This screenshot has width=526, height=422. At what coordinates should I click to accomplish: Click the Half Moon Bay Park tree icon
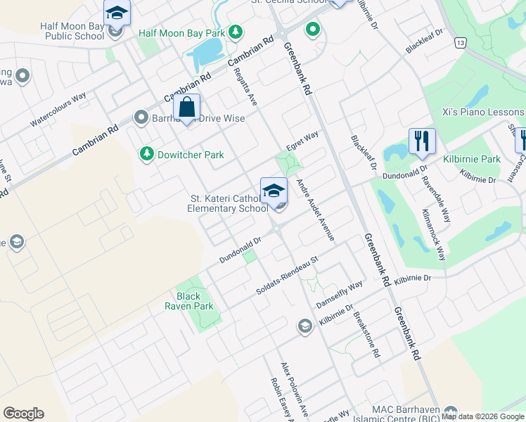pyautogui.click(x=236, y=32)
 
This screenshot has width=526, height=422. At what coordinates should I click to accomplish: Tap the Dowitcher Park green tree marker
pyautogui.click(x=147, y=153)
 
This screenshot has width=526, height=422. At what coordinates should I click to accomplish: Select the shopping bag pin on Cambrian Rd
pyautogui.click(x=186, y=110)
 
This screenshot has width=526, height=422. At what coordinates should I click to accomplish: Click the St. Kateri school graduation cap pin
pyautogui.click(x=274, y=191)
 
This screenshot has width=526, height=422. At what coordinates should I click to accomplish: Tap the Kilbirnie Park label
pyautogui.click(x=471, y=160)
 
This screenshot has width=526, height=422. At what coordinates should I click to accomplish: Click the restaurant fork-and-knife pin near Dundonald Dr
pyautogui.click(x=422, y=141)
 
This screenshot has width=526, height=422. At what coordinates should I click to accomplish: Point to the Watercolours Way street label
pyautogui.click(x=58, y=110)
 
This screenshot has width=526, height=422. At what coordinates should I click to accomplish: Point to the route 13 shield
pyautogui.click(x=460, y=43)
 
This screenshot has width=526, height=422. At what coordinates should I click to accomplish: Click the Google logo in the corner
pyautogui.click(x=23, y=414)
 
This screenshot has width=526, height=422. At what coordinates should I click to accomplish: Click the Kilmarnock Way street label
pyautogui.click(x=432, y=235)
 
